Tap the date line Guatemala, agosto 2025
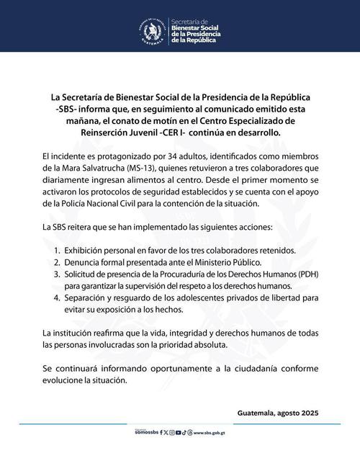[x=276, y=413]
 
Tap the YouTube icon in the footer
[x=189, y=433]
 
